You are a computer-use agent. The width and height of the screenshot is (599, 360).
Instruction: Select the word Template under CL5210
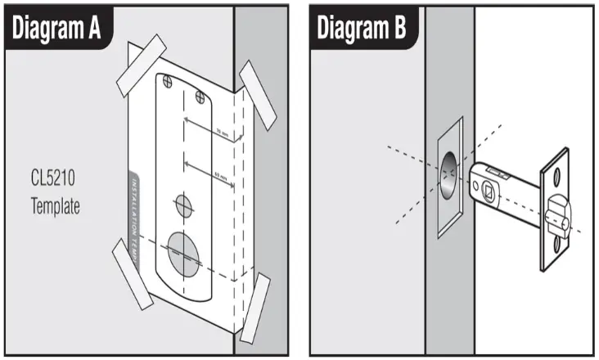pyautogui.click(x=56, y=205)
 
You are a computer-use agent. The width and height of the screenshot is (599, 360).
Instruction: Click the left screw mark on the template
pyautogui.click(x=169, y=81)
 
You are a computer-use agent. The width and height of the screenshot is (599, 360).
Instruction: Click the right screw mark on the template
pyautogui.click(x=200, y=97)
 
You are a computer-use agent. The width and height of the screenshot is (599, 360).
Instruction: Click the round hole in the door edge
pyautogui.click(x=449, y=177)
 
